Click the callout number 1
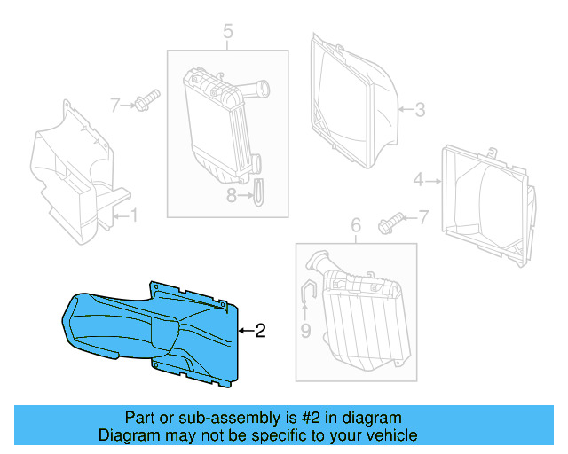134,214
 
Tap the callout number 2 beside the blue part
260,332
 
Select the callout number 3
420,110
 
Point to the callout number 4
418,181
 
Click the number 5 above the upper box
228,33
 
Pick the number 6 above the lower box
356,227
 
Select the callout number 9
305,332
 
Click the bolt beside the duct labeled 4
390,221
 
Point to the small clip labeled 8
257,191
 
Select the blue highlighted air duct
151,328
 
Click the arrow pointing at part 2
246,332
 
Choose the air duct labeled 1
75,177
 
